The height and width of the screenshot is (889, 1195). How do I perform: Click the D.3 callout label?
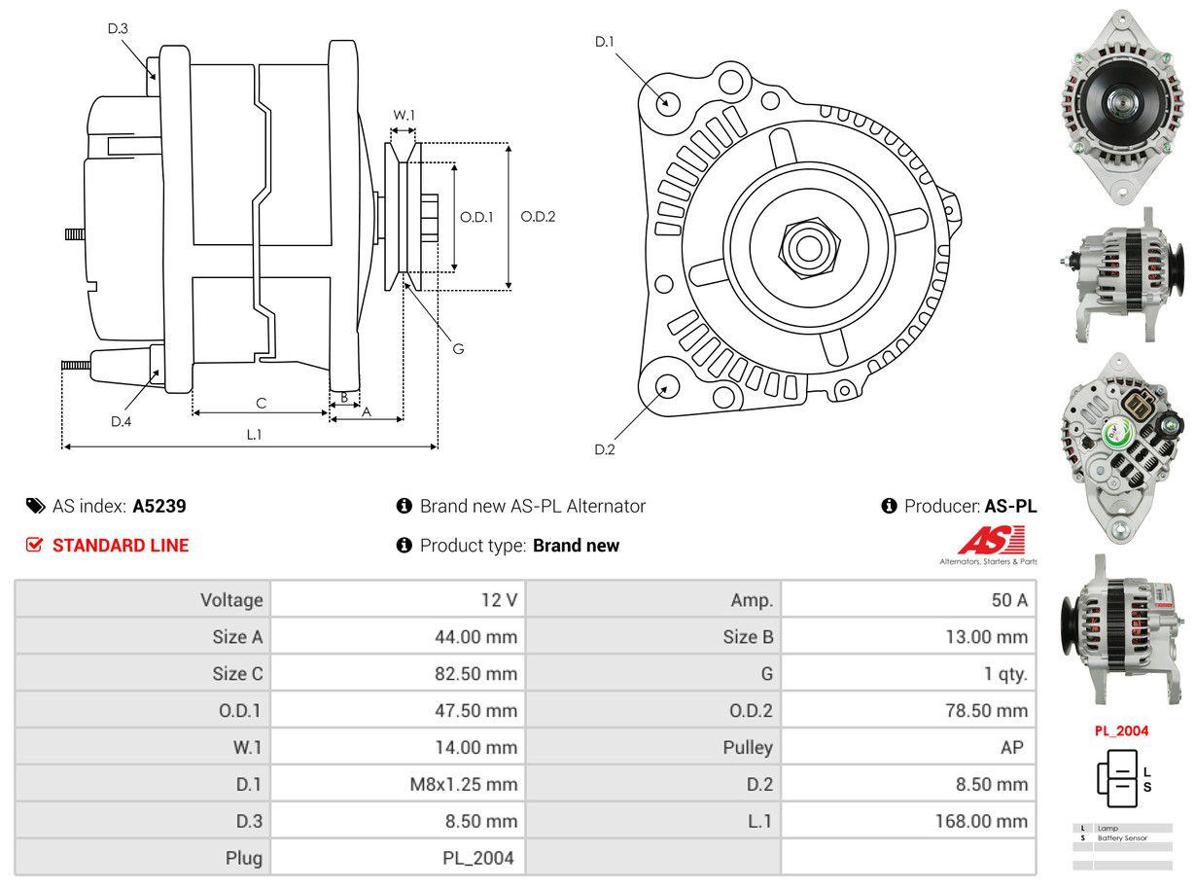click(118, 28)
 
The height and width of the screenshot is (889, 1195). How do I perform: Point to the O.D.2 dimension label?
click(538, 217)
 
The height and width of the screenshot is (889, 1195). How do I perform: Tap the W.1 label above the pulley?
click(404, 115)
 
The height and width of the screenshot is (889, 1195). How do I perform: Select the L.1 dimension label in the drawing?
click(254, 435)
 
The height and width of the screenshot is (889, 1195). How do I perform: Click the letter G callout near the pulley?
click(458, 348)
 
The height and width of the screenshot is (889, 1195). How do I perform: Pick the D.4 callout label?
click(121, 421)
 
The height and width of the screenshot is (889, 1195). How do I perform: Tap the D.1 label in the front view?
click(605, 41)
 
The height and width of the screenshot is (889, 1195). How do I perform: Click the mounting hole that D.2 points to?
click(666, 387)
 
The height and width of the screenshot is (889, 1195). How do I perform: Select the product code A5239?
click(159, 506)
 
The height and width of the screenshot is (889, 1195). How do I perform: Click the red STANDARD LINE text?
click(121, 546)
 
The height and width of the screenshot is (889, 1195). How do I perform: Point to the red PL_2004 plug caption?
click(1121, 730)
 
